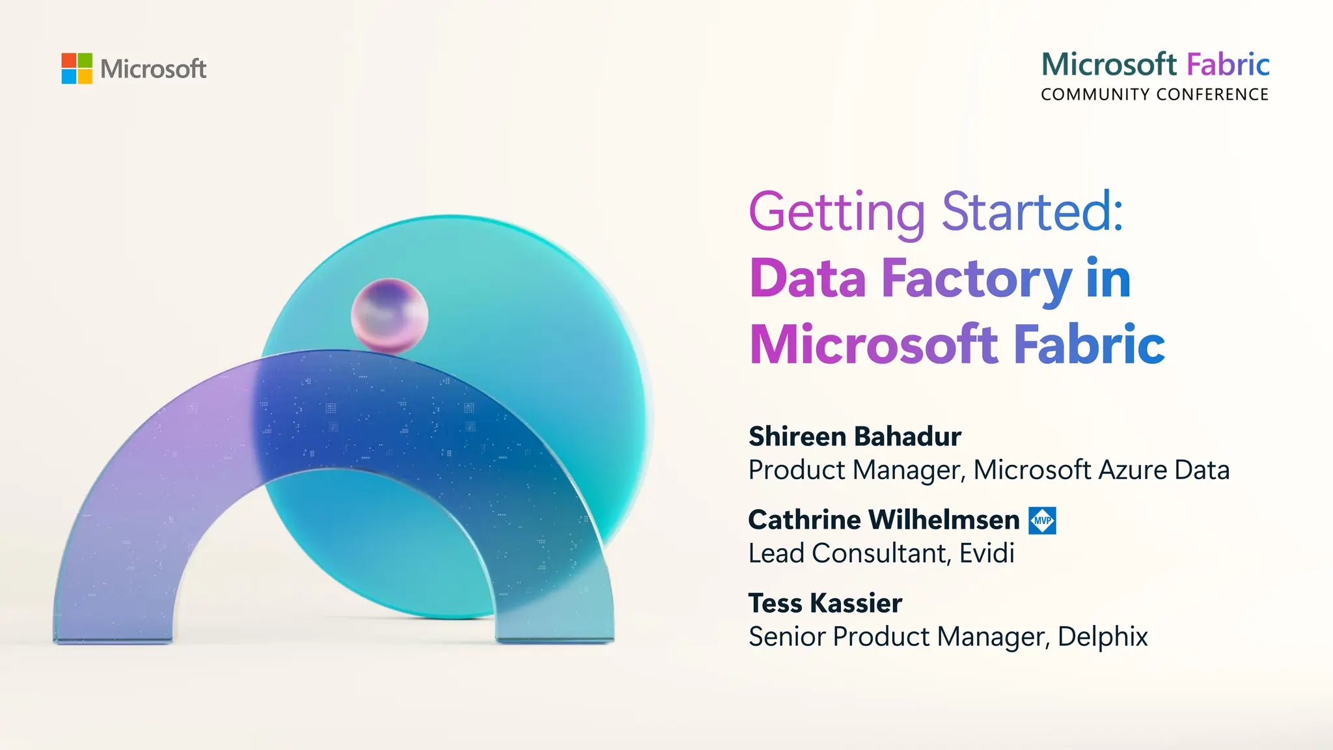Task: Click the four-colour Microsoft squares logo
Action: click(77, 68)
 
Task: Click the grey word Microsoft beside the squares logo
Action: click(153, 69)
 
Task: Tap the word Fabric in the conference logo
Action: click(1228, 64)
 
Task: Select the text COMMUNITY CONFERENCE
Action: click(1155, 94)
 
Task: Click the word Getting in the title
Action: click(836, 212)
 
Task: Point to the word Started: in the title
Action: click(1033, 212)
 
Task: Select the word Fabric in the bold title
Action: click(1089, 344)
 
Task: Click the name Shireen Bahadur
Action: click(855, 436)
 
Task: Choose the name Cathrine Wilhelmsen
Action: click(884, 520)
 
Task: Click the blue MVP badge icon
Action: click(1042, 520)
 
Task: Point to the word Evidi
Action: click(987, 553)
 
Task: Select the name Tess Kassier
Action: click(825, 603)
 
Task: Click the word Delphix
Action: click(1103, 637)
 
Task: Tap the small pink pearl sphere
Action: click(389, 316)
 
